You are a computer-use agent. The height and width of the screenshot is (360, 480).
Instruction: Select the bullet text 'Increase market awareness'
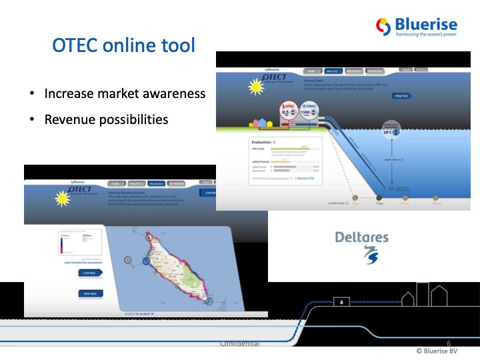pos(125,93)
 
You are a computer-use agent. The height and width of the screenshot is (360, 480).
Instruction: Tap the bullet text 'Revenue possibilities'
pos(106,119)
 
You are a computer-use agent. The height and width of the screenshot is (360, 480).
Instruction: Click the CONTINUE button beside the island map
pos(89,273)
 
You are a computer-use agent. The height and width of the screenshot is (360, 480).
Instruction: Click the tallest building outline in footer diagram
pos(423,294)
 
